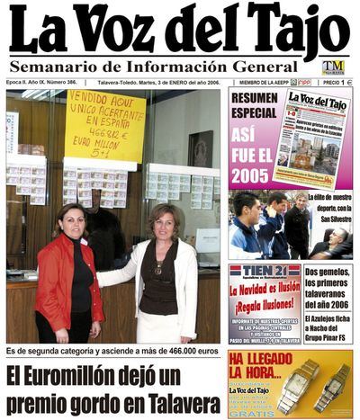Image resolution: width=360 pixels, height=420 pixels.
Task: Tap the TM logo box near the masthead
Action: (333, 67)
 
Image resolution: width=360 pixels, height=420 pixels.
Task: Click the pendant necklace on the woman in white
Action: (159, 267)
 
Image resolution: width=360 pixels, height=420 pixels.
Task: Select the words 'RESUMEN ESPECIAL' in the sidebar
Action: (253, 105)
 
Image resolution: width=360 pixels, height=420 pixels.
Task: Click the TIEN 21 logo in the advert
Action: (264, 271)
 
